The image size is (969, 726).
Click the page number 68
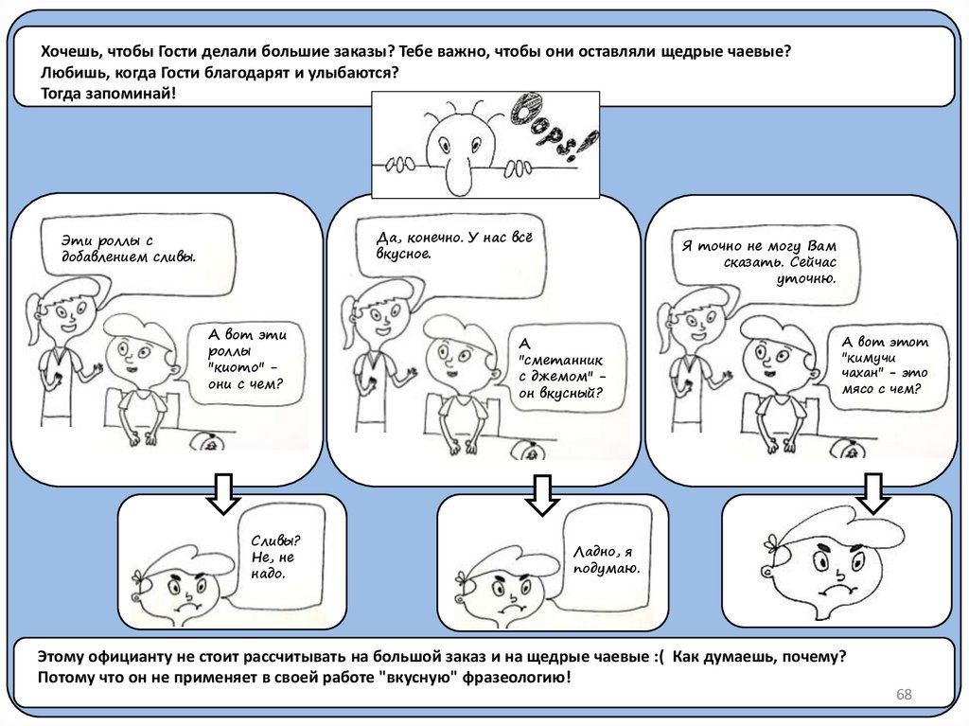[x=904, y=696]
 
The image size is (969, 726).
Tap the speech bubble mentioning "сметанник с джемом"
[x=565, y=367]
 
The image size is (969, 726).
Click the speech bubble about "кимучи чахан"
[x=887, y=365]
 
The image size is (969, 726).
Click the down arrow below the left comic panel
[x=224, y=492]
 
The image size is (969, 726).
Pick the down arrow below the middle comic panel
[x=542, y=493]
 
